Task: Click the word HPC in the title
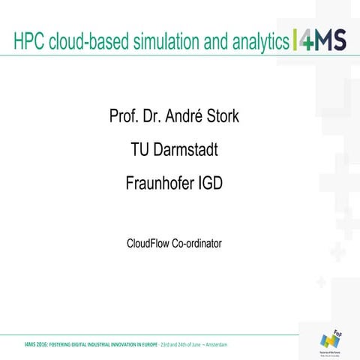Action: point(29,43)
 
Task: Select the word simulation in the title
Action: point(166,43)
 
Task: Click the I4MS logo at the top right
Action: point(319,42)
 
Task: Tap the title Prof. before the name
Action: point(124,118)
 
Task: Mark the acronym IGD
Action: point(208,182)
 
